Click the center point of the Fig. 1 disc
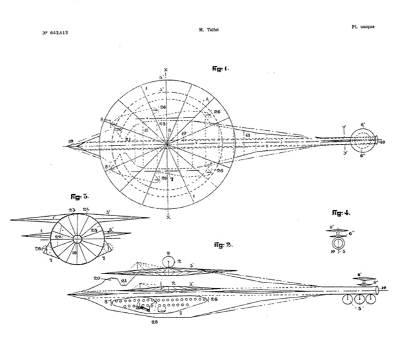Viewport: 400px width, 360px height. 166,146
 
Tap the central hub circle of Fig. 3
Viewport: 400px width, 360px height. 76,239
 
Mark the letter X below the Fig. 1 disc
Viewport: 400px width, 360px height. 166,217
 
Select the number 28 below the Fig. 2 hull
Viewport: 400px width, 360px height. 155,320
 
